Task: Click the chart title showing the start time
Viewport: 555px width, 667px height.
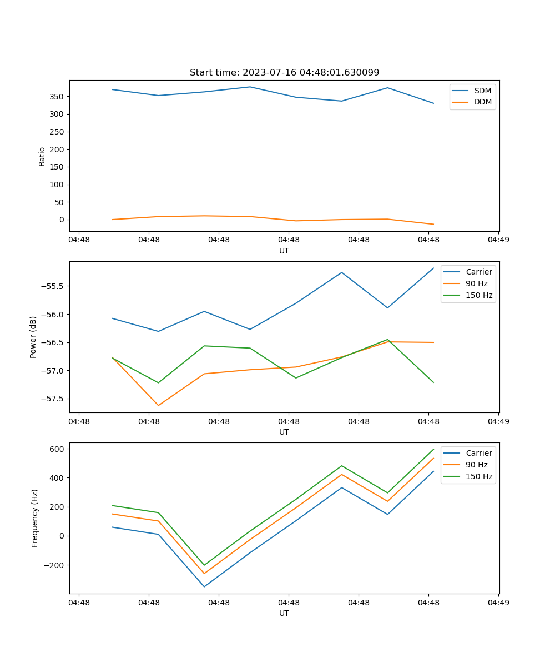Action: [284, 73]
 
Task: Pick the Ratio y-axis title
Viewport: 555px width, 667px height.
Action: [42, 156]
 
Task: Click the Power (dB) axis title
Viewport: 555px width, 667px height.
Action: [33, 337]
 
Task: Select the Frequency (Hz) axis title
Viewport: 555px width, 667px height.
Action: [35, 518]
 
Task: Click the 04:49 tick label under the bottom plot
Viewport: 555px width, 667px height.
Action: [498, 603]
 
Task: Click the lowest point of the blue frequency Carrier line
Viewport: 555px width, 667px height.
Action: [204, 586]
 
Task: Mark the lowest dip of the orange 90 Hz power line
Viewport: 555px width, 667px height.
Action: [158, 405]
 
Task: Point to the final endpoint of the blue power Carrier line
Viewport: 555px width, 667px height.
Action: [433, 268]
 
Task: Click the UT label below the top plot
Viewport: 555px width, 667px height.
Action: [284, 251]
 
